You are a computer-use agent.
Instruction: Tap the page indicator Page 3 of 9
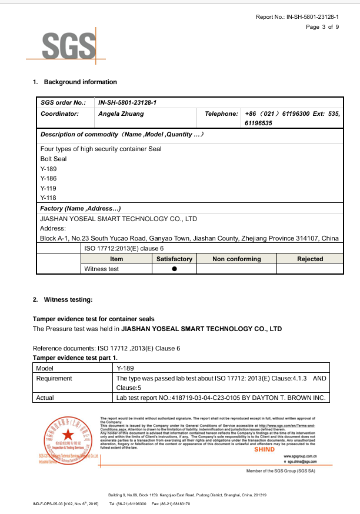tap(322, 27)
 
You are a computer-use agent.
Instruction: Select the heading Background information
tap(80, 82)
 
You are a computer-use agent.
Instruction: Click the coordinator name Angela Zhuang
tap(121, 114)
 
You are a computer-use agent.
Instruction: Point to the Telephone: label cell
tap(221, 114)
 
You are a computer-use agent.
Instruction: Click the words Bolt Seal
tap(54, 159)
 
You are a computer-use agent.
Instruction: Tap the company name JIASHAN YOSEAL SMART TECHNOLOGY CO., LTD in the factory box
tap(118, 219)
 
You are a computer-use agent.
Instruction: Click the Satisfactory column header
tap(175, 259)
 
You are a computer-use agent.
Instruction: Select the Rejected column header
tap(310, 259)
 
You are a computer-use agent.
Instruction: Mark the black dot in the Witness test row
tap(175, 269)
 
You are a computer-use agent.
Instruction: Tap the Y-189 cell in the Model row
tap(126, 368)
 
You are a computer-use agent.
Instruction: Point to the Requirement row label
tap(54, 378)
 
